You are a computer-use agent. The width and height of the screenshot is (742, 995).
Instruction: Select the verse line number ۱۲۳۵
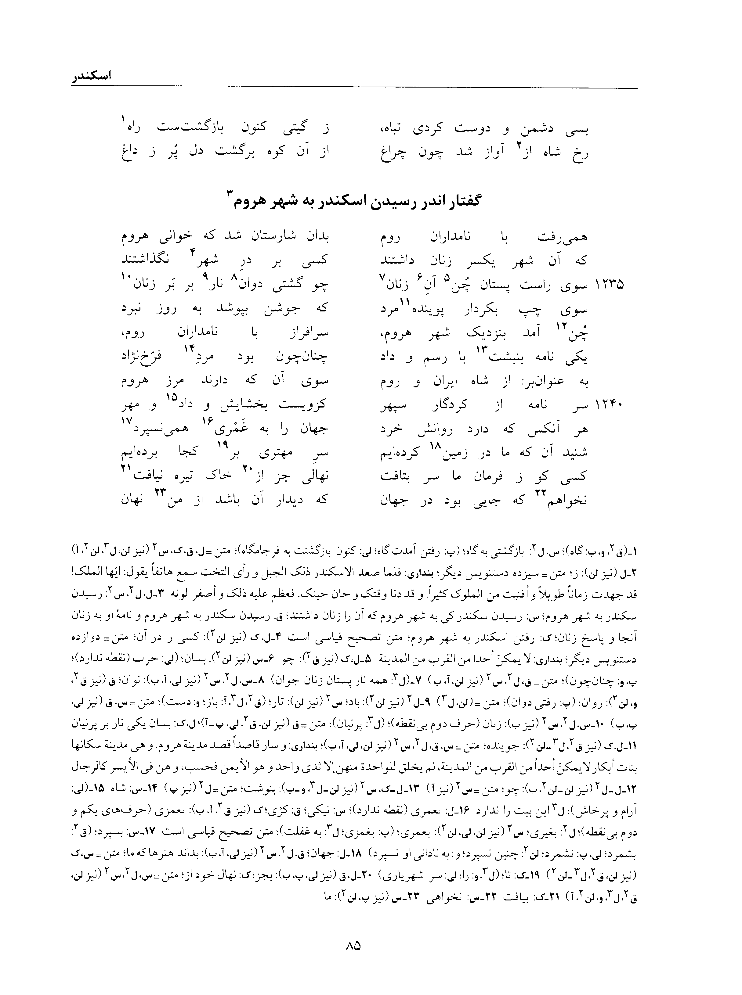click(x=609, y=285)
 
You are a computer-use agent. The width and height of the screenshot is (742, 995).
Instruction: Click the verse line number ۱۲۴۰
click(x=609, y=406)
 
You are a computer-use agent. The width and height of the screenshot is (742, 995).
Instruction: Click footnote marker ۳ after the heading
click(x=229, y=194)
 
